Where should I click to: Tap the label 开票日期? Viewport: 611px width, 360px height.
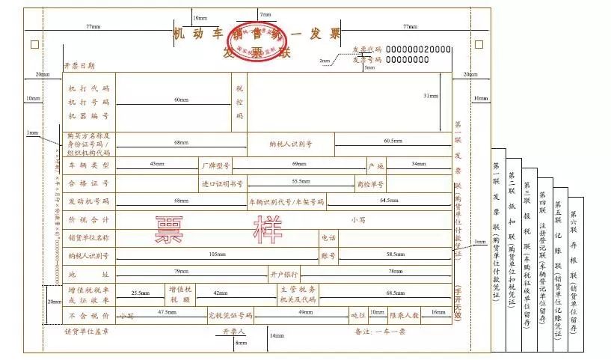click(79, 67)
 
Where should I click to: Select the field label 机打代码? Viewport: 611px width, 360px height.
click(89, 88)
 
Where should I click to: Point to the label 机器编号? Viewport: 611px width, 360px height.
click(89, 116)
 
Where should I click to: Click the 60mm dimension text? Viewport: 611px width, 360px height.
click(181, 100)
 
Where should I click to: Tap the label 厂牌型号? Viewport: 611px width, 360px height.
click(215, 164)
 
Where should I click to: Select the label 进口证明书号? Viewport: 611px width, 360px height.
click(222, 183)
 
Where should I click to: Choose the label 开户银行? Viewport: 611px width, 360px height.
click(284, 274)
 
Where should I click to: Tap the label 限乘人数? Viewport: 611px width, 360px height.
click(404, 315)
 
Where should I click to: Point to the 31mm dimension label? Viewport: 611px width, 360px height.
click(430, 97)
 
